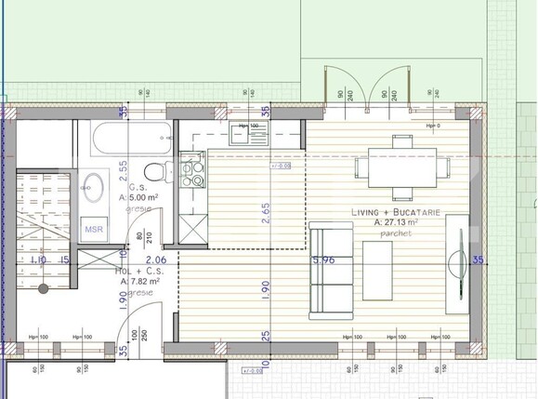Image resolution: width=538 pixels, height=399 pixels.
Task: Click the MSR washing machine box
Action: [x=95, y=228]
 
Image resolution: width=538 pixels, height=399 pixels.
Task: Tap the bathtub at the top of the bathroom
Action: [x=130, y=140]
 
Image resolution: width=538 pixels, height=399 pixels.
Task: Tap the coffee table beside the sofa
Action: [x=380, y=268]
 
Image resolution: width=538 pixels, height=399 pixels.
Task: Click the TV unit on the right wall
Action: [x=456, y=266]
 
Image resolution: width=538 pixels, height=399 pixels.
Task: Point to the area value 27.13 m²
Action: [x=396, y=223]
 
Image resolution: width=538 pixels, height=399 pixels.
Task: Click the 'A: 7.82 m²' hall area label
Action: [x=137, y=280]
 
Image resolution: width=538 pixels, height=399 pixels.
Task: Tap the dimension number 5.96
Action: [x=324, y=261]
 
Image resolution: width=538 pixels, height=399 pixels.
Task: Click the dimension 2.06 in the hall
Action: [x=155, y=260]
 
